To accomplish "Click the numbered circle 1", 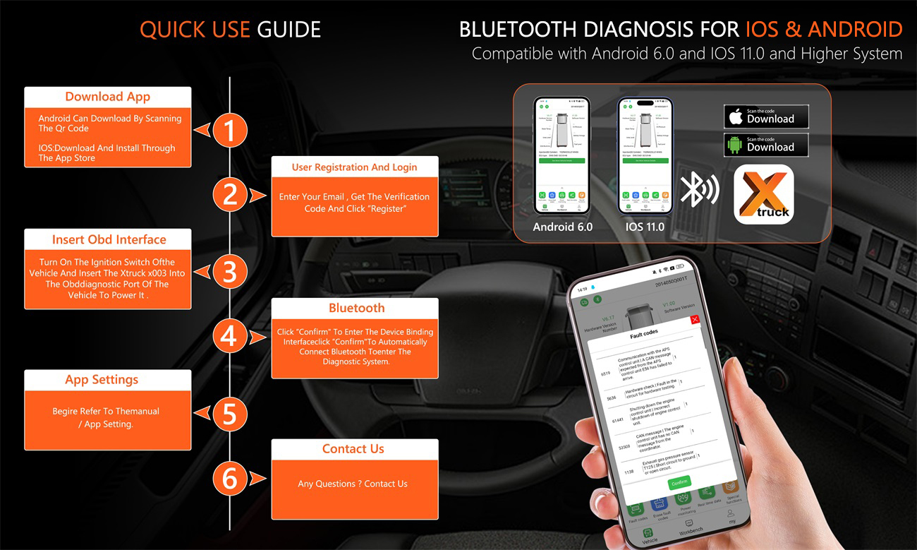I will coord(230,130).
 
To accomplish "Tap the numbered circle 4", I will coord(230,336).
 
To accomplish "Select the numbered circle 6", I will coord(230,478).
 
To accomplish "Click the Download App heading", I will coord(107,97).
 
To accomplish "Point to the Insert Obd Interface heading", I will coord(109,239).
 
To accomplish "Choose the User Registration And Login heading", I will coord(354,167).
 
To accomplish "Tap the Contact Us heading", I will coord(353,449).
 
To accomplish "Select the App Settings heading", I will coord(108,380).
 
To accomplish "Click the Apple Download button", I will coord(765,116).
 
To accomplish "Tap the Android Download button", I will coord(765,145).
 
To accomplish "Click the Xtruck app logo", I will coord(764,194).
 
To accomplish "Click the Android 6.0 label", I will coord(562,227).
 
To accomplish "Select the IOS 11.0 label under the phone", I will coord(645,227).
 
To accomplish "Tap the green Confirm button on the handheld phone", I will coord(679,482).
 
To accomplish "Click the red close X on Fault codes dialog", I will coord(695,320).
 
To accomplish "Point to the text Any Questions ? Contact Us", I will coord(353,484).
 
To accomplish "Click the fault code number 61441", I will coord(617,420).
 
